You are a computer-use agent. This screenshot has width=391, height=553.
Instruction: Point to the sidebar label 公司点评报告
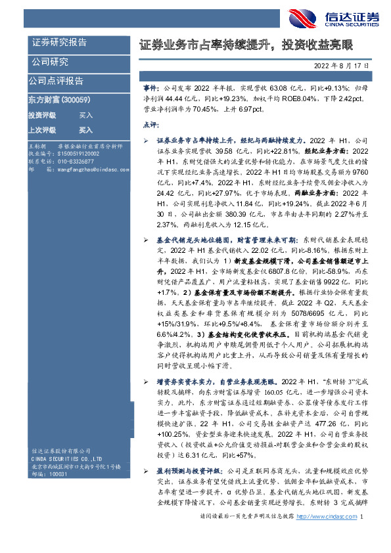click(56, 81)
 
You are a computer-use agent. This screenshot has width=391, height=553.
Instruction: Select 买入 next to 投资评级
click(86, 115)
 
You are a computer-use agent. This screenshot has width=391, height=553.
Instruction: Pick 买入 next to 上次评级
click(86, 130)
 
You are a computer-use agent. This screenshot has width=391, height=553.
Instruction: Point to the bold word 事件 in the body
click(150, 86)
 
